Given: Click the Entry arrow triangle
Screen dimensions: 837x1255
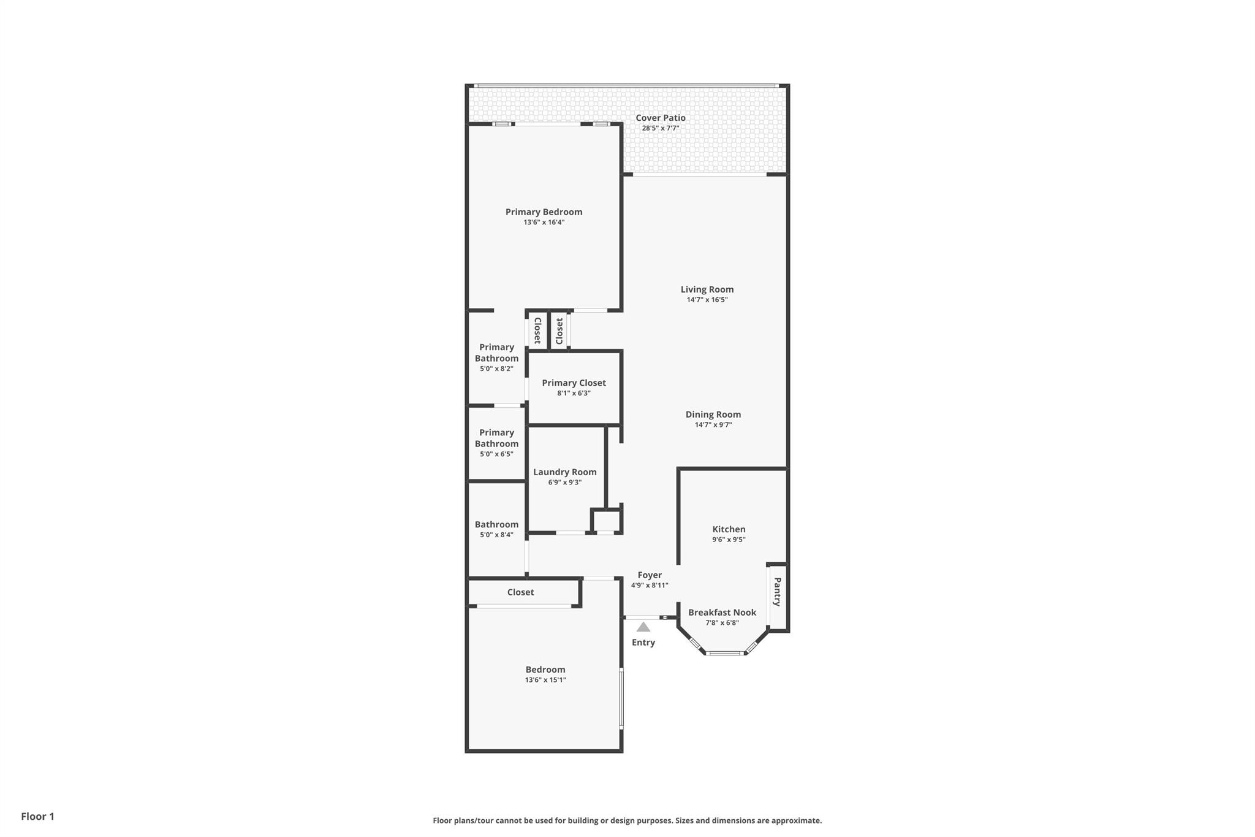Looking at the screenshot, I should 643,627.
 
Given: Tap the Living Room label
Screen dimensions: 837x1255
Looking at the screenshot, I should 707,289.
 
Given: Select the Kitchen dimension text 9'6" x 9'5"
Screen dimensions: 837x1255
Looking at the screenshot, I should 729,540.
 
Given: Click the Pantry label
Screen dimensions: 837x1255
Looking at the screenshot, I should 777,592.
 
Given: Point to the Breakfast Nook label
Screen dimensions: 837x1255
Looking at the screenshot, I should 722,612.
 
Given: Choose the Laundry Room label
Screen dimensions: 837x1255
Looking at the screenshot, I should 564,472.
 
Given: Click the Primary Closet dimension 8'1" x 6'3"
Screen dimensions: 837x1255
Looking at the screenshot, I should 574,393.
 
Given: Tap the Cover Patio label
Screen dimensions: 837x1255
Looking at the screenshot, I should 660,118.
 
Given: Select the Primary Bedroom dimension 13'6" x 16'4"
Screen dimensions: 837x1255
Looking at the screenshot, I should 544,223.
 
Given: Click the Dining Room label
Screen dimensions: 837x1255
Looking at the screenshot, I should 713,415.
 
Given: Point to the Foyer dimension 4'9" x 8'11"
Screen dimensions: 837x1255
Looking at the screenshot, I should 650,586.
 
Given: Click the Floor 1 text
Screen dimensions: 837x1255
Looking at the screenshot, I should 37,816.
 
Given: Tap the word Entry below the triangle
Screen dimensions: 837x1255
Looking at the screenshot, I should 643,643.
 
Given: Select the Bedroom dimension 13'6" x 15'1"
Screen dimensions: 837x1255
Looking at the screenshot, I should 545,680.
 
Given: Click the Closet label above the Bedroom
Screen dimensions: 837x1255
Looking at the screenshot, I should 520,592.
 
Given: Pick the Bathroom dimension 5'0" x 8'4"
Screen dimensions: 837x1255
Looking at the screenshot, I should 496,535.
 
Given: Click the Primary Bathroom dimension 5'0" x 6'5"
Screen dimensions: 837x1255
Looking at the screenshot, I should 496,454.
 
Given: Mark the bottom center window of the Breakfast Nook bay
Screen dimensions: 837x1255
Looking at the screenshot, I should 724,653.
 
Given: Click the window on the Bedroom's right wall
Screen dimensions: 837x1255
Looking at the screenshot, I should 621,698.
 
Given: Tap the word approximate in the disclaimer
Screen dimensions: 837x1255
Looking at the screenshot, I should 796,820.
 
